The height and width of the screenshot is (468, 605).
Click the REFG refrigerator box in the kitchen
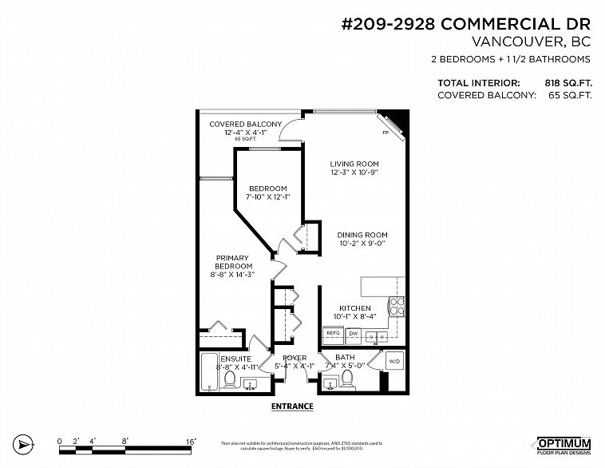pos(333,334)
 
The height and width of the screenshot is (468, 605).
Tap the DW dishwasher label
pos(354,334)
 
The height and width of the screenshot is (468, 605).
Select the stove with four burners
pos(397,307)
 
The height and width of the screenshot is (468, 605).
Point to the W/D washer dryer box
pos(395,362)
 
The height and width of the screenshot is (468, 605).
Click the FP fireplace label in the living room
pos(386,133)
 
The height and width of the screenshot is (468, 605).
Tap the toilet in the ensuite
pos(230,379)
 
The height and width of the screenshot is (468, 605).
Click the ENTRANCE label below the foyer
pos(292,407)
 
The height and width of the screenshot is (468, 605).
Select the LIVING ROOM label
pos(354,165)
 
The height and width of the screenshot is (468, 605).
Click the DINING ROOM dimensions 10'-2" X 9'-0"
pos(362,244)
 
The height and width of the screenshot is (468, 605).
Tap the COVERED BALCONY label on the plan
pos(245,125)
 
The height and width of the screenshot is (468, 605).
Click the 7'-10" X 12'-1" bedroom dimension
pos(267,197)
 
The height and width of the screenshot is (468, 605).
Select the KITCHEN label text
pos(355,308)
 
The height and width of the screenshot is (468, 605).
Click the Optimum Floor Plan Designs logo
pos(563,445)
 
